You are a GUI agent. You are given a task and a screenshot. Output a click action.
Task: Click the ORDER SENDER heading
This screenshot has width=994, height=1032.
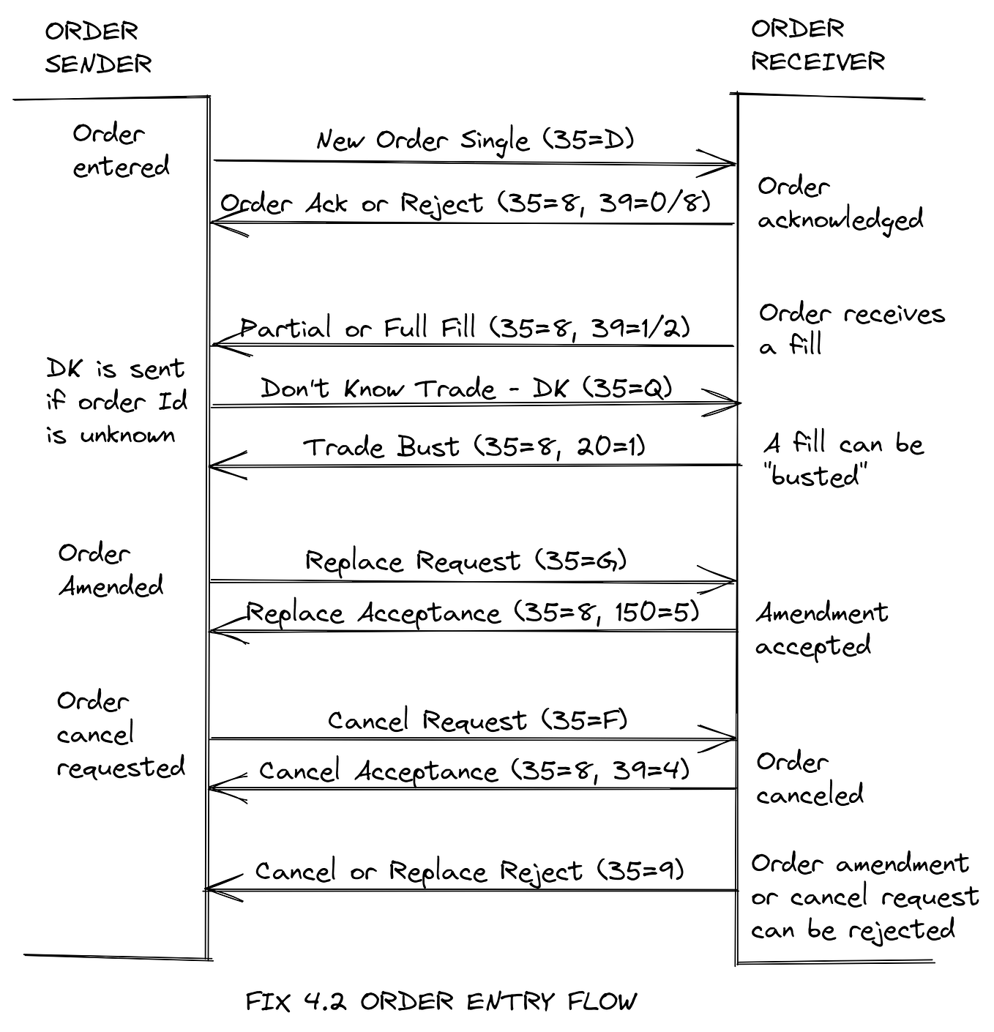click(98, 48)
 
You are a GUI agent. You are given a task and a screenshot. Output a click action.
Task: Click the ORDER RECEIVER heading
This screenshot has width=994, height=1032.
click(817, 45)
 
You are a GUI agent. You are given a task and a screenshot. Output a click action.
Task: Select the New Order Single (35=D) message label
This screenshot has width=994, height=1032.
click(475, 140)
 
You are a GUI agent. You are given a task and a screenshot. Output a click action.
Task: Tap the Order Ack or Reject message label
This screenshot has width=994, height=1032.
click(466, 203)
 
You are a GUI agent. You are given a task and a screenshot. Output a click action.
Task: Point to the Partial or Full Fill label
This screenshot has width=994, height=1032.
click(466, 327)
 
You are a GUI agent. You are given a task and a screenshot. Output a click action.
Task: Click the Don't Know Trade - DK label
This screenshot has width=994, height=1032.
click(466, 388)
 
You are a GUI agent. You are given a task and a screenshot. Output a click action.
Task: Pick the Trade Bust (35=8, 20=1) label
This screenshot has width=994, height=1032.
click(474, 446)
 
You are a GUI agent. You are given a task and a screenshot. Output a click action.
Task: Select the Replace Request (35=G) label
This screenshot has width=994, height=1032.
click(466, 561)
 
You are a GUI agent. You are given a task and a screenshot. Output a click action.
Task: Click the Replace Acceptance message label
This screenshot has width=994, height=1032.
click(472, 613)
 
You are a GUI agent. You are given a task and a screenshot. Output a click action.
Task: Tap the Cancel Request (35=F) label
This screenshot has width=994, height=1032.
click(477, 720)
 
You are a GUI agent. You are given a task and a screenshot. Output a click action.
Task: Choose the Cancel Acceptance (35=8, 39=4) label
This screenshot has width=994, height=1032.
click(474, 771)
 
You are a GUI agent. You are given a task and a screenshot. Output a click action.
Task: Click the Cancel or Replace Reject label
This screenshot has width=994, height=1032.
click(469, 871)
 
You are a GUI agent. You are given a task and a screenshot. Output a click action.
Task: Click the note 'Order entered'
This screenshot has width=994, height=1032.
click(120, 150)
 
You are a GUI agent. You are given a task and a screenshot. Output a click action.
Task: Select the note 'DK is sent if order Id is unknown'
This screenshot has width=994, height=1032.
click(116, 402)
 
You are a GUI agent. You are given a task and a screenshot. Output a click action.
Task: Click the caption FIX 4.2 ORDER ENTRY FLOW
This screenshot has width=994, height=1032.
click(441, 1001)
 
